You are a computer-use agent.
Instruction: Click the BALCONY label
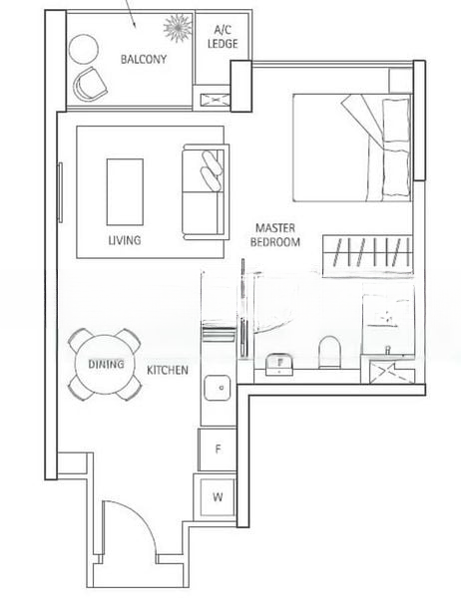pyautogui.click(x=144, y=59)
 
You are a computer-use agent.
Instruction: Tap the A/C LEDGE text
pyautogui.click(x=223, y=37)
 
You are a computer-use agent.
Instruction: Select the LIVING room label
pyautogui.click(x=125, y=240)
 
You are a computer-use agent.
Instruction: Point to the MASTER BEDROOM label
pyautogui.click(x=275, y=235)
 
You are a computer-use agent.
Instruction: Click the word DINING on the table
pyautogui.click(x=106, y=364)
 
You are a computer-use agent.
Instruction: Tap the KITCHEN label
pyautogui.click(x=168, y=370)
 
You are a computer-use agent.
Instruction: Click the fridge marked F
pyautogui.click(x=218, y=449)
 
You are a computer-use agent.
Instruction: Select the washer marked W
pyautogui.click(x=217, y=497)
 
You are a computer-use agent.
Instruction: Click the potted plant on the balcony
pyautogui.click(x=178, y=28)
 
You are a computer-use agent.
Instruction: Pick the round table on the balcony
pyautogui.click(x=83, y=49)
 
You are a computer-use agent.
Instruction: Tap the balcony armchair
pyautogui.click(x=91, y=85)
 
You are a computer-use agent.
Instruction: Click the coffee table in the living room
pyautogui.click(x=125, y=191)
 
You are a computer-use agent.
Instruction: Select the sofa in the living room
pyautogui.click(x=207, y=191)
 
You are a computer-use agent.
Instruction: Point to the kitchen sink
pyautogui.click(x=218, y=388)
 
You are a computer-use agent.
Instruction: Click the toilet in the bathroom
pyautogui.click(x=329, y=352)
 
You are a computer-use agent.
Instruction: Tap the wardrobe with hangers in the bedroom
pyautogui.click(x=368, y=255)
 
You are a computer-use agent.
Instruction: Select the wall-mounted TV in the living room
pyautogui.click(x=60, y=192)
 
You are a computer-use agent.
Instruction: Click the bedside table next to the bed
pyautogui.click(x=401, y=80)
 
